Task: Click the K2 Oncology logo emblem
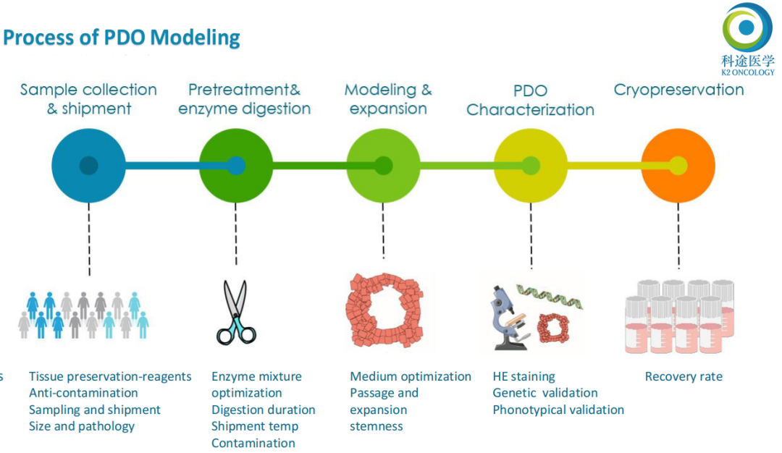[747, 27]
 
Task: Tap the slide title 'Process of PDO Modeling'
[122, 38]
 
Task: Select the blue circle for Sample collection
[89, 166]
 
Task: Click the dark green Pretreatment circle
[236, 166]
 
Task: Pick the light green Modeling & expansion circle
[383, 166]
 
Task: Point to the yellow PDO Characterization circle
[531, 166]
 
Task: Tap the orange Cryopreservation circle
[678, 166]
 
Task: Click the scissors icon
[236, 312]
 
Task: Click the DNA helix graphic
[550, 297]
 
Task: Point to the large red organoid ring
[385, 310]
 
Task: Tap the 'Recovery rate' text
[684, 376]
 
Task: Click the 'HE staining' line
[524, 377]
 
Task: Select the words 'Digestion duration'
[264, 410]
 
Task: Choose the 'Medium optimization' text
[411, 377]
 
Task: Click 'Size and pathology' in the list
[82, 427]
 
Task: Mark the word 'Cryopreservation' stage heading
[678, 90]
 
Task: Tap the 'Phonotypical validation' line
[558, 410]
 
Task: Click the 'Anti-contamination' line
[83, 393]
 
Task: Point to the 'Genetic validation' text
[545, 393]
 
